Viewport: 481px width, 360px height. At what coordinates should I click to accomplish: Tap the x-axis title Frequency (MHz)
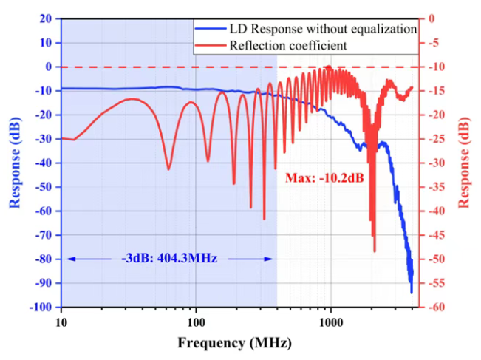(x=234, y=343)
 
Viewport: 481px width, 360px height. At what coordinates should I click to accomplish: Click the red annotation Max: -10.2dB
(x=318, y=178)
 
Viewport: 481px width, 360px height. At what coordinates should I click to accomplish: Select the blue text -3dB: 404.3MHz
(x=169, y=259)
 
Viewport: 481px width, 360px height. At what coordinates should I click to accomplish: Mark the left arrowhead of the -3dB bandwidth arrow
(x=68, y=259)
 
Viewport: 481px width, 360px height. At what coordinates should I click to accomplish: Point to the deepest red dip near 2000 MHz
(x=374, y=251)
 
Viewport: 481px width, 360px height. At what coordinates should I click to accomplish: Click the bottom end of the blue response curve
(x=412, y=292)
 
